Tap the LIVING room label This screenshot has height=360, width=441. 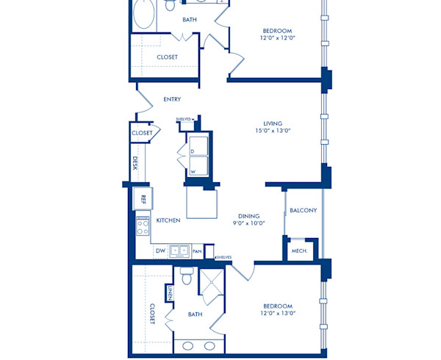pyautogui.click(x=273, y=123)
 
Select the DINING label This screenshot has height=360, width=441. pyautogui.click(x=248, y=215)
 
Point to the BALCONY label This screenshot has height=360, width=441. pyautogui.click(x=303, y=210)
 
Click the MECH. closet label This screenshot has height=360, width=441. pyautogui.click(x=299, y=251)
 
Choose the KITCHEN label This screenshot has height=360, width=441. pyautogui.click(x=168, y=220)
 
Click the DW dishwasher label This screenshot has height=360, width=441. pyautogui.click(x=160, y=251)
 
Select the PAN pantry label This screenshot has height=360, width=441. pyautogui.click(x=197, y=251)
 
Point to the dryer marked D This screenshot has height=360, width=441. pyautogui.click(x=193, y=151)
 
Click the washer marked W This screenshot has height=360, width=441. pyautogui.click(x=193, y=172)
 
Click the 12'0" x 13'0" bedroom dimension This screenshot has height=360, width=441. pyautogui.click(x=278, y=314)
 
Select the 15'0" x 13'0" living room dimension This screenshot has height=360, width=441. pyautogui.click(x=273, y=132)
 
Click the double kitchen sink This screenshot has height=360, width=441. pyautogui.click(x=179, y=251)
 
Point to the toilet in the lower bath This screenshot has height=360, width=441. pyautogui.click(x=187, y=278)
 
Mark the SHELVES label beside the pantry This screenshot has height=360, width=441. pyautogui.click(x=223, y=257)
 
